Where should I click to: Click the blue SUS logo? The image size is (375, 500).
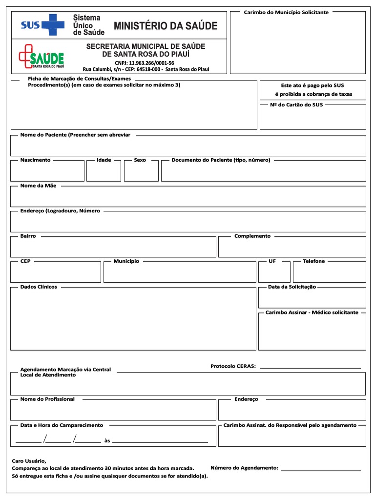(x=42, y=25)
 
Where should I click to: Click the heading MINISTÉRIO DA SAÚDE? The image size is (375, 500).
(x=166, y=26)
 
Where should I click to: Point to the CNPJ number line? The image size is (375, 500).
(x=144, y=63)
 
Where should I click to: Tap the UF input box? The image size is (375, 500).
(x=274, y=272)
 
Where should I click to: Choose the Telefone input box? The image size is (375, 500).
(x=329, y=272)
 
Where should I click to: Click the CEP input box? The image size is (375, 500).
(x=56, y=272)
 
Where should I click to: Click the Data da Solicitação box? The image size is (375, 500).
(x=312, y=298)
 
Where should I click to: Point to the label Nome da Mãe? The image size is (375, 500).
(x=38, y=186)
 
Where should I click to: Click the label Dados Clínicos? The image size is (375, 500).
(x=39, y=287)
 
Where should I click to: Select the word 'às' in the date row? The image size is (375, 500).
(x=107, y=441)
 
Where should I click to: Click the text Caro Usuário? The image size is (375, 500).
(x=29, y=460)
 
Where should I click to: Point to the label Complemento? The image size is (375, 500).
(x=252, y=236)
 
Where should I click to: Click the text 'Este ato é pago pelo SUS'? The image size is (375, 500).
(x=312, y=85)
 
